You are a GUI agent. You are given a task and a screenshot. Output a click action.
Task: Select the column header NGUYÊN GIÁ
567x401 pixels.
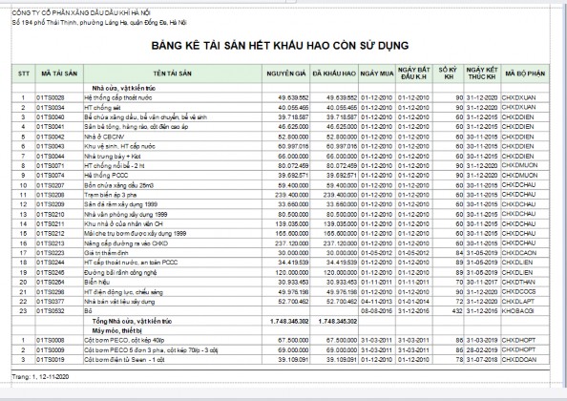point(286,73)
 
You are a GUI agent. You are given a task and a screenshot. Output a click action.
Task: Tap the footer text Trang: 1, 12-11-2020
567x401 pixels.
point(38,379)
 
